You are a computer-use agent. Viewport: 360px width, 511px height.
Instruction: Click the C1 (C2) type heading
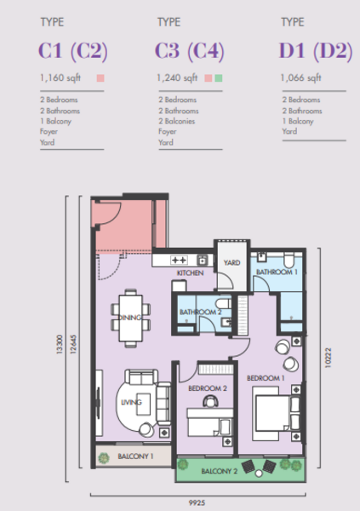(x=73, y=51)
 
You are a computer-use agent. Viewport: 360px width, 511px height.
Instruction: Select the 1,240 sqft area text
(x=177, y=78)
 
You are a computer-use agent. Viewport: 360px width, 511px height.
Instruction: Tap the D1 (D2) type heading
(x=316, y=51)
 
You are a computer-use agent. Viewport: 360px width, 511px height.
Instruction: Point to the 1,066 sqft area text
(x=300, y=78)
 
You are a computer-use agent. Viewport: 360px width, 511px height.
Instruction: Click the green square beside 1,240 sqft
(x=219, y=78)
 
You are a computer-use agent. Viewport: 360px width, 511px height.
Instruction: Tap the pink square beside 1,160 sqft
(x=100, y=78)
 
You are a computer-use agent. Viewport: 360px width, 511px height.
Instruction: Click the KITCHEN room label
(x=191, y=273)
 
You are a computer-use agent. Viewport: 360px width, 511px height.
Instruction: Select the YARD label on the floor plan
(x=232, y=262)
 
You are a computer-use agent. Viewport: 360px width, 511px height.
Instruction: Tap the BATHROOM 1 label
(x=277, y=273)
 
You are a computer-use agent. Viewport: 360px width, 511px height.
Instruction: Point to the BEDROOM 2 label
(x=208, y=388)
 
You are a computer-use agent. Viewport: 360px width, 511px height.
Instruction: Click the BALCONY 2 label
(x=220, y=471)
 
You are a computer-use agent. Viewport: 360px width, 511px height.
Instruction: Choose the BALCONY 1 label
(x=135, y=456)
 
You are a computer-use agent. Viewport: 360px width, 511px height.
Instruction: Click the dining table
(x=131, y=318)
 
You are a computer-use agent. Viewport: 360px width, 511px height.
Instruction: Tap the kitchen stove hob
(x=180, y=260)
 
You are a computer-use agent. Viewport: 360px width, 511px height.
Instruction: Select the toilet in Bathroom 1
(x=289, y=260)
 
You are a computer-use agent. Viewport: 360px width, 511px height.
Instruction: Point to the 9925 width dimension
(x=197, y=502)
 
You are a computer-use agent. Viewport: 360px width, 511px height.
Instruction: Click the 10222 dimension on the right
(x=328, y=358)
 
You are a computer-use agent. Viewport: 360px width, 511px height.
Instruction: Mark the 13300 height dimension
(x=59, y=344)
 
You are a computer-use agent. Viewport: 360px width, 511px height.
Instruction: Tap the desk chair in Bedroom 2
(x=210, y=400)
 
